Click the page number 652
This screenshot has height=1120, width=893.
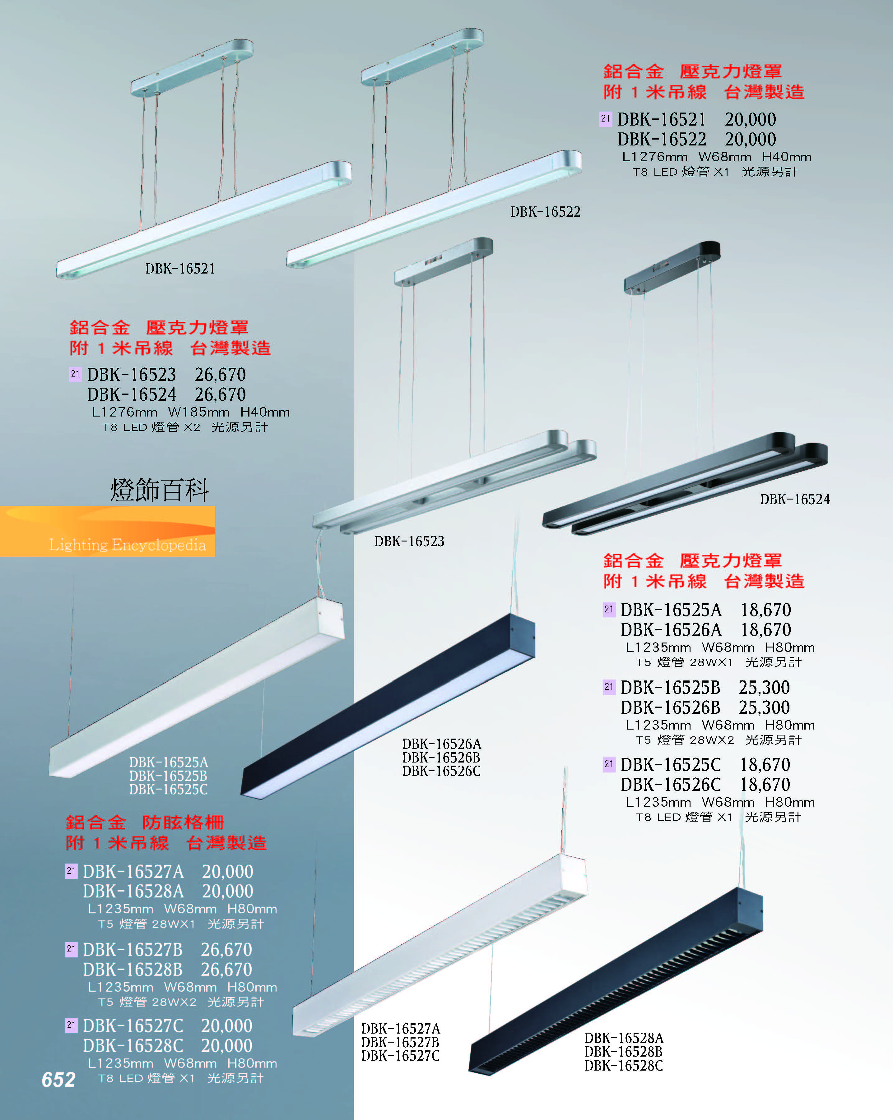tap(58, 1080)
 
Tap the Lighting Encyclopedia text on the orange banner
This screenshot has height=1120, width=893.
tap(127, 545)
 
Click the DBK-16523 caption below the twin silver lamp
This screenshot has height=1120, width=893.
tap(409, 541)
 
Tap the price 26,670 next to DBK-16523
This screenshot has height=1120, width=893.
tap(220, 375)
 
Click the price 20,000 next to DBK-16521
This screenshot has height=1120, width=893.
tap(750, 119)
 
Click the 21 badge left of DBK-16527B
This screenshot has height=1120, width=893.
tap(71, 949)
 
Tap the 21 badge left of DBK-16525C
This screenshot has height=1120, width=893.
tap(609, 764)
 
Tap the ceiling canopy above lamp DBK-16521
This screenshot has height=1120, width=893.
tap(192, 67)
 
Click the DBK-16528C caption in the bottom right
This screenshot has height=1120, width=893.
tap(623, 1066)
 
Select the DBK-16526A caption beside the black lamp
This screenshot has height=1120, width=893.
tap(441, 744)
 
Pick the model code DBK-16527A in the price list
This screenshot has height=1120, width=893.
tap(133, 871)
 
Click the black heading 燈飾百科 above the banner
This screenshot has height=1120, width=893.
tap(160, 490)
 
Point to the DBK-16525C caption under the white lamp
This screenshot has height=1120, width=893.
tap(168, 790)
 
